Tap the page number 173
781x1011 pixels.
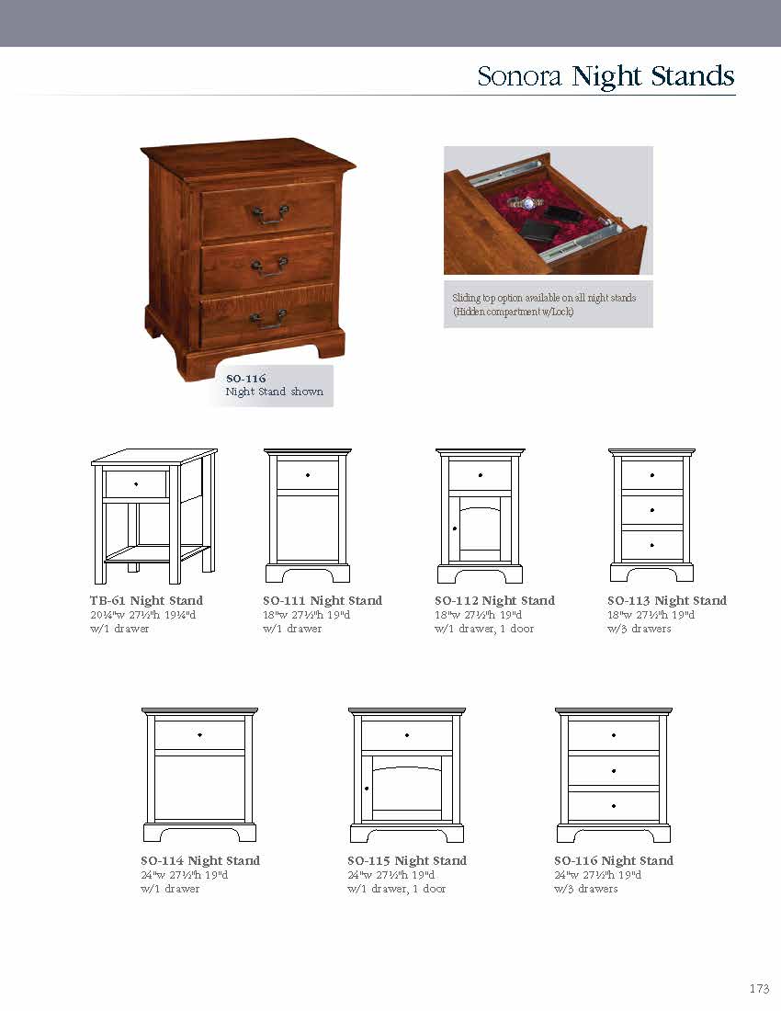(759, 989)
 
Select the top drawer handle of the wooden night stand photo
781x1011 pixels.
(270, 213)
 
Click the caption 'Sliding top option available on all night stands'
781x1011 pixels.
(544, 298)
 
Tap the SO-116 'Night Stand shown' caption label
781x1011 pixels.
(274, 385)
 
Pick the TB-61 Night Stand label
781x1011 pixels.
(146, 601)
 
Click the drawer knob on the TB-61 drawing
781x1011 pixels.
(136, 483)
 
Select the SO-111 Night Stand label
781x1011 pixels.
(323, 601)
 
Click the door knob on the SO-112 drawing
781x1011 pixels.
(454, 529)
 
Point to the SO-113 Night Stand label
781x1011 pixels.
(666, 601)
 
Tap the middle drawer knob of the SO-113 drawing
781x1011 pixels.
(652, 510)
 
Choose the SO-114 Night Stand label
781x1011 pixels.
(200, 861)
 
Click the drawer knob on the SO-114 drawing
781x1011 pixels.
(199, 735)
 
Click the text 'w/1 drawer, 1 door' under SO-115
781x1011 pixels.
(396, 890)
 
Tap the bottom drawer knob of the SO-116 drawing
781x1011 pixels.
(614, 806)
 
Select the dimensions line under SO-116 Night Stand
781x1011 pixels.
(597, 876)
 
